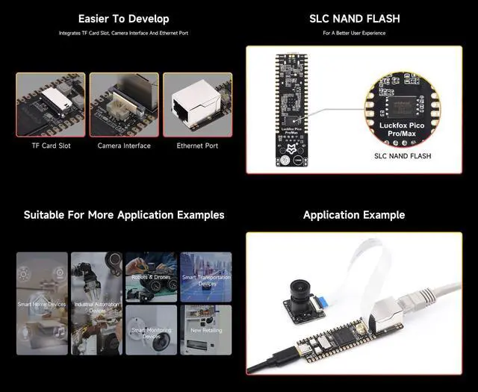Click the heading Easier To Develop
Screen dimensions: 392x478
[123, 19]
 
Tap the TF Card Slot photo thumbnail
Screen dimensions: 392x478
[52, 104]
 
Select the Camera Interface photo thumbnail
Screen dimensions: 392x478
[124, 104]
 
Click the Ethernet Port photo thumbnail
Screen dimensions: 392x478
[197, 104]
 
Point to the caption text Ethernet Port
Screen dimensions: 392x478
[197, 146]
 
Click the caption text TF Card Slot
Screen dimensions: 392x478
[52, 146]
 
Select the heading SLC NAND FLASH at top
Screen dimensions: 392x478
[353, 19]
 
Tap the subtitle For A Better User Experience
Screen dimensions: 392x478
[353, 34]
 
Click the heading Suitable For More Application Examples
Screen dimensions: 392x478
[124, 215]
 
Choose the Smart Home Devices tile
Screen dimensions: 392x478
[42, 303]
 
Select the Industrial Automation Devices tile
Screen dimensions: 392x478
[96, 303]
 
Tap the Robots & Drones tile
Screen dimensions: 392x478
[151, 276]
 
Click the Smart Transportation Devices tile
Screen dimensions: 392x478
[206, 276]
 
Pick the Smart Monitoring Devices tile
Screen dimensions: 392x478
[151, 330]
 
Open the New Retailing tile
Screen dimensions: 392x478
[206, 330]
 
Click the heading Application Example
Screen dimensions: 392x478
[354, 215]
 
